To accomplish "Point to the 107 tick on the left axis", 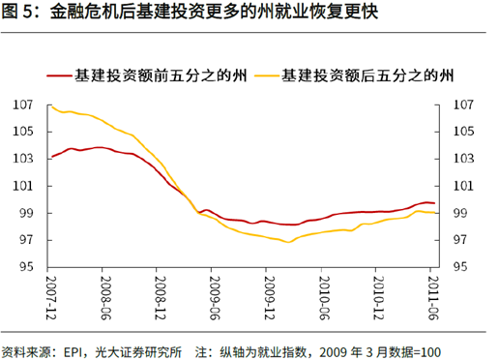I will click(x=23, y=105).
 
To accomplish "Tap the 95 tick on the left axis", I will click(x=26, y=268).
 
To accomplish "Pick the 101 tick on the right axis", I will click(x=463, y=186).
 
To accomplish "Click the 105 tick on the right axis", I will click(x=463, y=132).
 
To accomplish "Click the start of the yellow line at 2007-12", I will click(x=50, y=106).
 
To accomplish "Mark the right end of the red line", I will click(x=434, y=203).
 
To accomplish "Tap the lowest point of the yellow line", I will click(x=288, y=242).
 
